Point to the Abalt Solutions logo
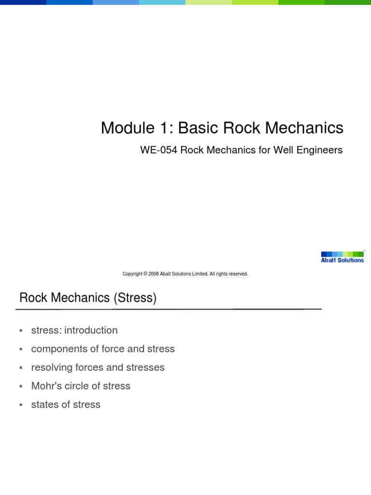pyautogui.click(x=342, y=257)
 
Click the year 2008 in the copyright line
pyautogui.click(x=154, y=274)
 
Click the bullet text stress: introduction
pyautogui.click(x=74, y=331)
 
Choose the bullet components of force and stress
pyautogui.click(x=103, y=349)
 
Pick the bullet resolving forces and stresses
pyautogui.click(x=98, y=367)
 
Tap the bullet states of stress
pyautogui.click(x=66, y=405)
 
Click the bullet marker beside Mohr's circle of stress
pyautogui.click(x=21, y=386)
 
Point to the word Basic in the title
pyautogui.click(x=199, y=128)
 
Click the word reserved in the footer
pyautogui.click(x=237, y=274)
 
